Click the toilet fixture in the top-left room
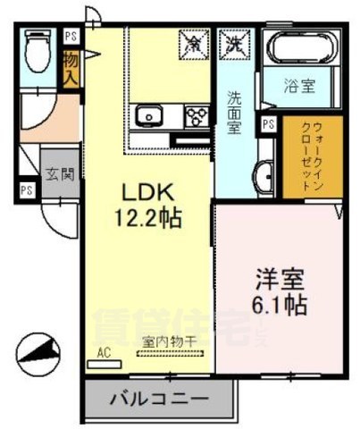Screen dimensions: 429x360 click(x=38, y=52)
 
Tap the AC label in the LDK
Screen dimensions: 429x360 click(x=103, y=352)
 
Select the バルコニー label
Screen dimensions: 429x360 click(x=160, y=398)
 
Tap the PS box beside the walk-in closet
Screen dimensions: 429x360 click(x=267, y=124)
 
